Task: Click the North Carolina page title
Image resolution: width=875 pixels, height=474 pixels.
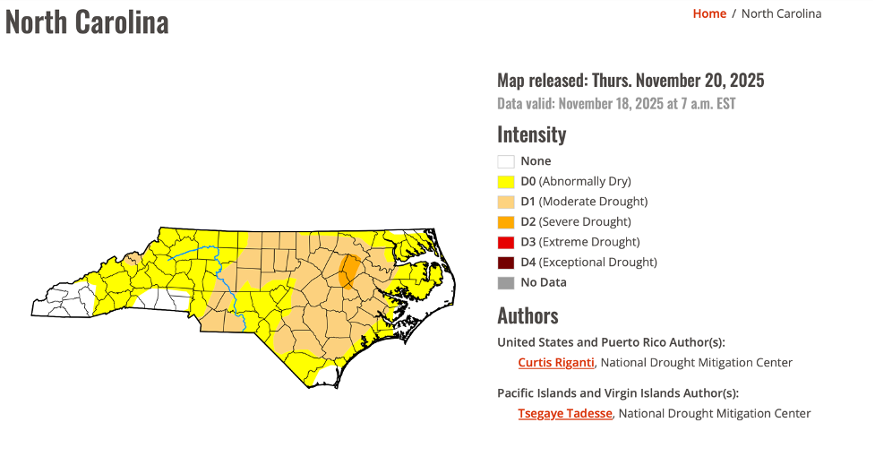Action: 87,22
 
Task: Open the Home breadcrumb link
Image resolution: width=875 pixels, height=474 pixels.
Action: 709,13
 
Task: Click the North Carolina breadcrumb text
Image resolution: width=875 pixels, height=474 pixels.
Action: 781,13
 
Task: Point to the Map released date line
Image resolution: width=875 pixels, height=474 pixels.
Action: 631,81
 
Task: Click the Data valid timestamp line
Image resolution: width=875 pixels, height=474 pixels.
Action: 616,104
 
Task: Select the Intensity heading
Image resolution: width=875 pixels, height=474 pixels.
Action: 532,134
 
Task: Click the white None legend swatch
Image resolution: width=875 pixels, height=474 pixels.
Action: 506,161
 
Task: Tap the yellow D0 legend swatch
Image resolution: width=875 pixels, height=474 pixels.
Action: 506,182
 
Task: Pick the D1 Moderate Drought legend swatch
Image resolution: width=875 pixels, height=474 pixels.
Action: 506,202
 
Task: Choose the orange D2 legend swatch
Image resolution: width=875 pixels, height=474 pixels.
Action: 506,222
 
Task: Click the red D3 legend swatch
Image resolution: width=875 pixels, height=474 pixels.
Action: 506,242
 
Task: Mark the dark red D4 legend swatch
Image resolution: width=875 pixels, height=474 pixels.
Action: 506,263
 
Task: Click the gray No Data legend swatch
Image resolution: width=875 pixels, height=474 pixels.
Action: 506,283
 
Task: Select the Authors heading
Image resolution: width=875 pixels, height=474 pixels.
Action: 528,315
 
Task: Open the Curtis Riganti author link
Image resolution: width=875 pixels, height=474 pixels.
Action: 556,363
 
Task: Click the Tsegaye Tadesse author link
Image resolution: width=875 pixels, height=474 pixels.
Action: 565,413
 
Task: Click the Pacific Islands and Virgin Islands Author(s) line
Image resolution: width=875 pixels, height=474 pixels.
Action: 618,392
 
